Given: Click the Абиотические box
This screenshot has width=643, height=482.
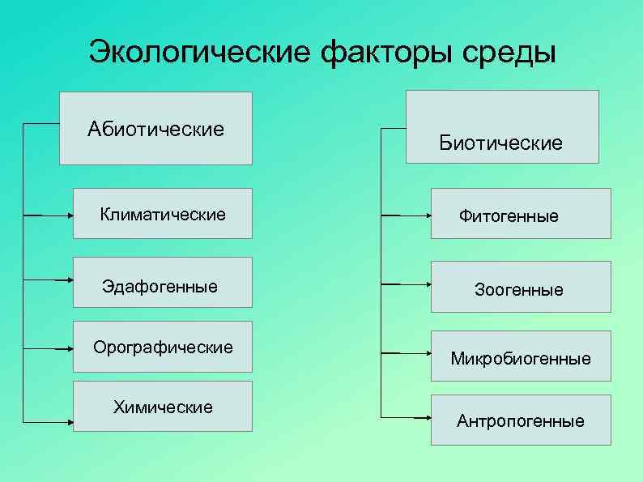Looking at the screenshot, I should tap(155, 128).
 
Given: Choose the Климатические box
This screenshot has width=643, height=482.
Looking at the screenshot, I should tap(162, 214).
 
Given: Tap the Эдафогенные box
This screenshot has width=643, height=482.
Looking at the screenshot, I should tap(162, 283).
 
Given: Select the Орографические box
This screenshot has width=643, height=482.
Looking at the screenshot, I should tap(162, 347).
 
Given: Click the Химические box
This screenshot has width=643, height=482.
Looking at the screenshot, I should tap(162, 406).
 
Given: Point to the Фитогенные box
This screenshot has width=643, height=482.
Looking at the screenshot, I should tap(520, 214).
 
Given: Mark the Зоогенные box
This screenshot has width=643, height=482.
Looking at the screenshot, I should tap(520, 287).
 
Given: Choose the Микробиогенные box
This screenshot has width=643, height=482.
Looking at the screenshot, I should tap(520, 356).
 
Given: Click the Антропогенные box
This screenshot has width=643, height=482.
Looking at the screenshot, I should tap(520, 420).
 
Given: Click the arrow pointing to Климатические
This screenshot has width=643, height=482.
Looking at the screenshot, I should tap(49, 215).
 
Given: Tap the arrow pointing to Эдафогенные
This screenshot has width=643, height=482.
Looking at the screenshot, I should tap(49, 279).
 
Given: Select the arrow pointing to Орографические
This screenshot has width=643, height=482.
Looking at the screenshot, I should tap(49, 348).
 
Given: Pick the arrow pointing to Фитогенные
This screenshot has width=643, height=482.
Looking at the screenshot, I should tap(405, 215).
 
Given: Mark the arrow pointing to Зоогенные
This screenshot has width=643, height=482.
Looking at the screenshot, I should tap(405, 284).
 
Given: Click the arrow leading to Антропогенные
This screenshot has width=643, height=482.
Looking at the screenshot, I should tap(405, 418).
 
